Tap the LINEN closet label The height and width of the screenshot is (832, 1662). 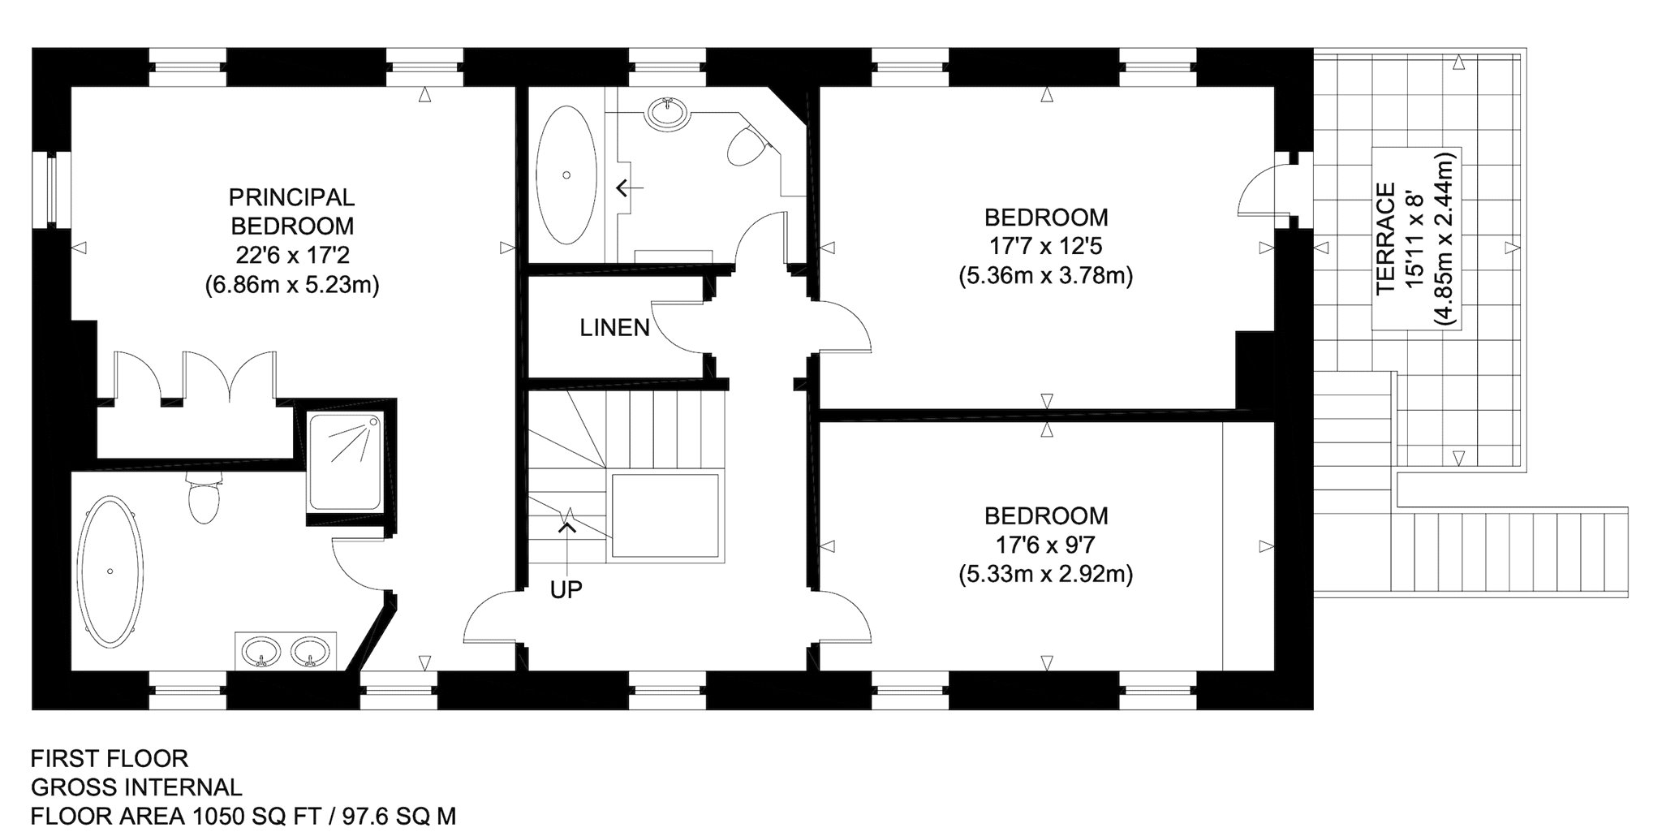click(x=615, y=328)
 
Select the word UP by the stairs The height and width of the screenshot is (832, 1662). click(x=566, y=590)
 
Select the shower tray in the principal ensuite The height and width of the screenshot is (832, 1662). click(x=346, y=461)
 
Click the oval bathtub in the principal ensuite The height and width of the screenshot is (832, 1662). click(x=110, y=571)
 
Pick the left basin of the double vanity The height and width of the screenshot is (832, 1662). click(x=261, y=651)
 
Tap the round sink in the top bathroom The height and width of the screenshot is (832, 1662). click(x=668, y=113)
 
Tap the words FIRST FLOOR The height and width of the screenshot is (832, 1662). click(x=110, y=758)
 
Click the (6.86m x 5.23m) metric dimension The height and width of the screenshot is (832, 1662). click(x=292, y=285)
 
